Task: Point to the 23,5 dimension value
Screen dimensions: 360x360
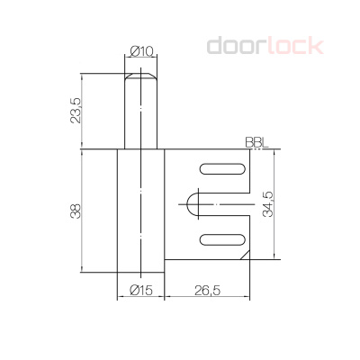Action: coord(76,112)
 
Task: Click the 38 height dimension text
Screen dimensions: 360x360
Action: coord(76,211)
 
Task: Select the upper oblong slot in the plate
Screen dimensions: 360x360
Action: coord(220,169)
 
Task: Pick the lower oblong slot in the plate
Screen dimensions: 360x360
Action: coord(220,238)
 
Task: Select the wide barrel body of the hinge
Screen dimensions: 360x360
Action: coord(140,211)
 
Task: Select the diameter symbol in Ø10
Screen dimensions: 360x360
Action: coord(133,51)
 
